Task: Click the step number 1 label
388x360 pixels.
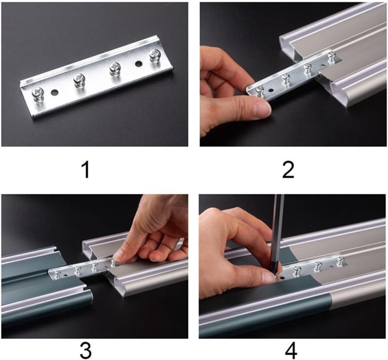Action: (86, 169)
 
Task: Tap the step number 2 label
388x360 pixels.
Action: (288, 169)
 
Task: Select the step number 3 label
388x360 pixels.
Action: (85, 350)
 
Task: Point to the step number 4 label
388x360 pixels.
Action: (291, 351)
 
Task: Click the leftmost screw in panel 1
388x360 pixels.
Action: (38, 95)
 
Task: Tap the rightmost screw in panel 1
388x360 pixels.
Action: (155, 56)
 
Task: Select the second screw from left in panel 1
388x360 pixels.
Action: (80, 80)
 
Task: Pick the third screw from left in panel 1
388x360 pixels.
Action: (115, 69)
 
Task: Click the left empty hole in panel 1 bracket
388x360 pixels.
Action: (54, 93)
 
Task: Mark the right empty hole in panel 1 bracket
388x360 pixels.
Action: (139, 64)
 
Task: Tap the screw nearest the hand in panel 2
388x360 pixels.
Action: (259, 91)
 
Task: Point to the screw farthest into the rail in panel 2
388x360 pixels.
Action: (331, 56)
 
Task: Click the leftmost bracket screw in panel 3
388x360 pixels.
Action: (58, 274)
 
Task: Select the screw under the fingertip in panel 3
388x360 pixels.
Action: (113, 262)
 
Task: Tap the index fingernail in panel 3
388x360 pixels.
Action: (118, 254)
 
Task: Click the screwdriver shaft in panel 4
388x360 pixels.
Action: (278, 233)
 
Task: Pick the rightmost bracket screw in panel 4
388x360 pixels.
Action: (340, 262)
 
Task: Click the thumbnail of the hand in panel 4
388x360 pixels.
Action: (268, 278)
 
